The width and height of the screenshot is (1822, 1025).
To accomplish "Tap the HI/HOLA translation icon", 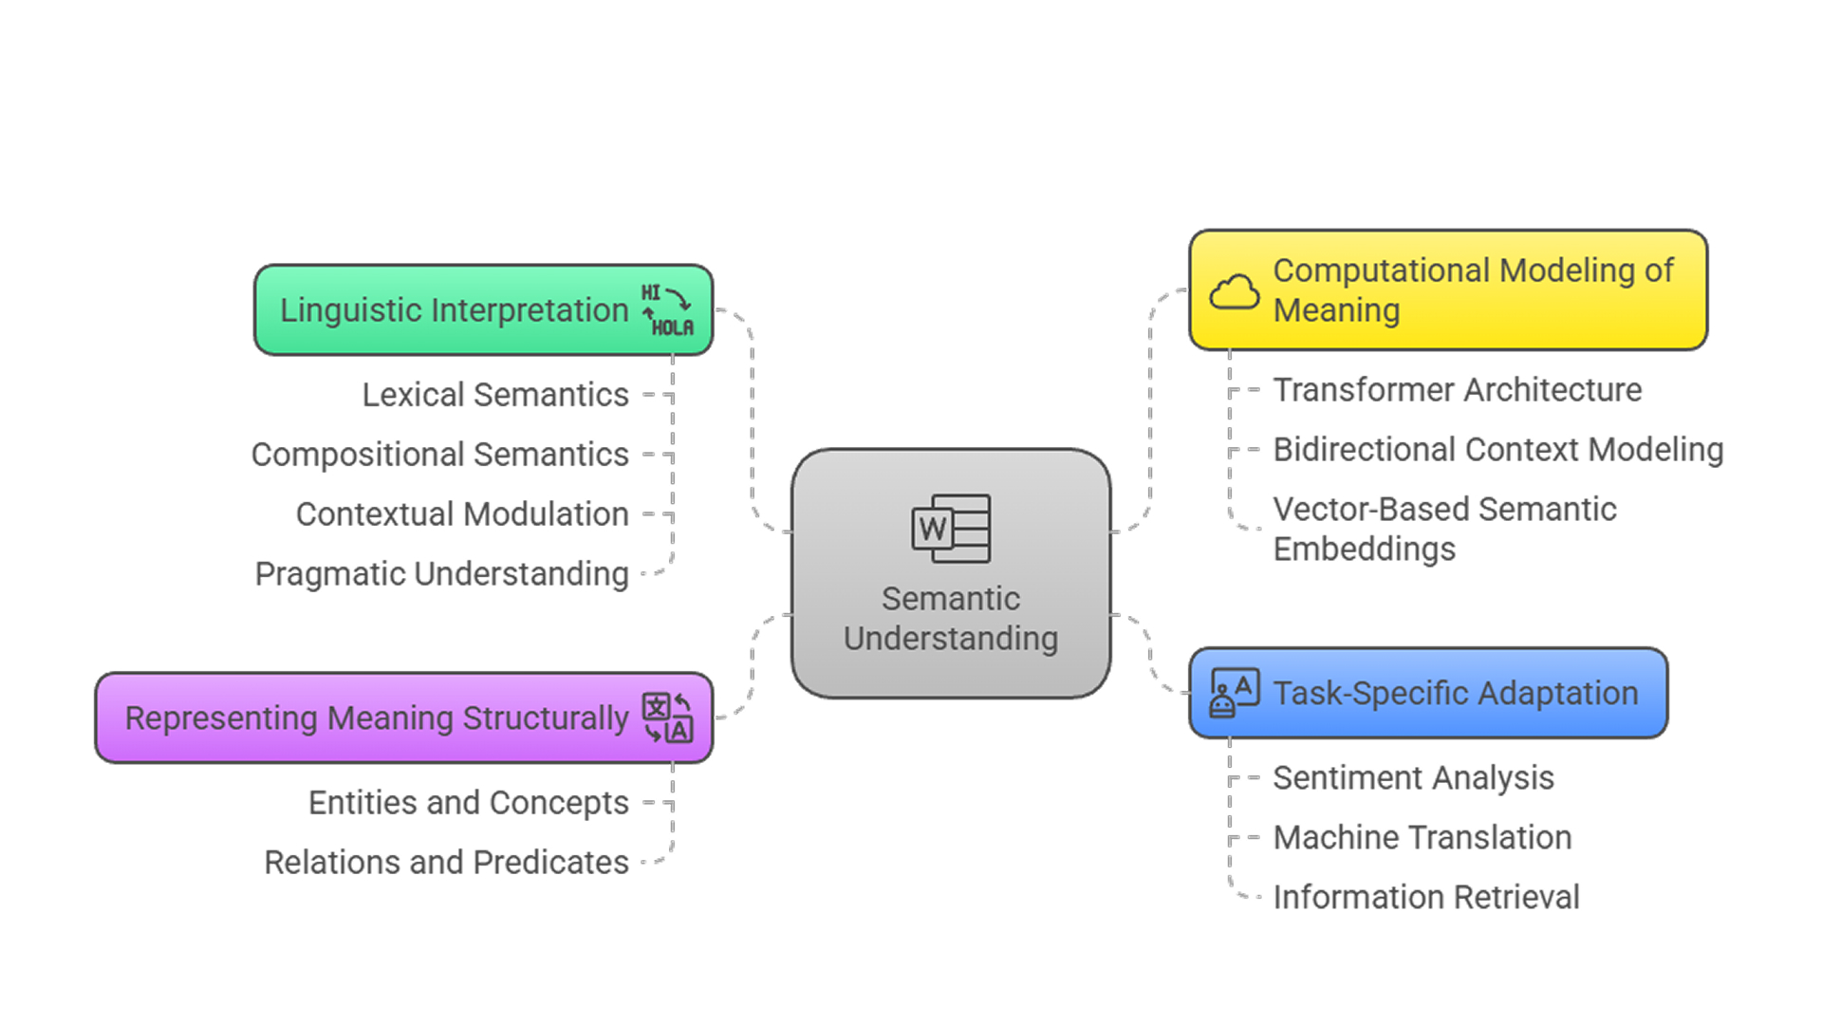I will [669, 310].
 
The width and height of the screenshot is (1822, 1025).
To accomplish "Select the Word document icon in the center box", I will [951, 529].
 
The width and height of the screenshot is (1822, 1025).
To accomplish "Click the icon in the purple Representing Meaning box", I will [668, 717].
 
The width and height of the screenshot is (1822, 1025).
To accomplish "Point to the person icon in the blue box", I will [1234, 693].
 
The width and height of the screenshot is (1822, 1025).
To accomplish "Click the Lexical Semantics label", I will [495, 395].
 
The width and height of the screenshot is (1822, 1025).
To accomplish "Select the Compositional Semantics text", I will [439, 455].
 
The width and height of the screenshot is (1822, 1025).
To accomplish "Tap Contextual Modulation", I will [462, 514].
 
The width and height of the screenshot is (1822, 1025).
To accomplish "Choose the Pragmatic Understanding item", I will [441, 574].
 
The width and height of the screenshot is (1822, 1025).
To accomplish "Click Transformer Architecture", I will [1457, 390].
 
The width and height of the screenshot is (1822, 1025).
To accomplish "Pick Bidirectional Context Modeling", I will [1497, 450].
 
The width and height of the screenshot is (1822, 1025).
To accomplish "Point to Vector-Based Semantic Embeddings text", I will [1443, 529].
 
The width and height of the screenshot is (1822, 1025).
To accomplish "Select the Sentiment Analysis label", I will [1413, 778].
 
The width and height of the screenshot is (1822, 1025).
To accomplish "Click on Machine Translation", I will [1422, 838].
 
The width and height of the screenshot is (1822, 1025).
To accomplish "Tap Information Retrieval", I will [1425, 898].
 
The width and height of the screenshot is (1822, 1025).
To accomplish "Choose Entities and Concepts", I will [468, 803].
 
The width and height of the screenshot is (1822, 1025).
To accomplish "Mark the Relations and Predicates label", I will [446, 863].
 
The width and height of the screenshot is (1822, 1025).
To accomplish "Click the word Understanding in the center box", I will [951, 639].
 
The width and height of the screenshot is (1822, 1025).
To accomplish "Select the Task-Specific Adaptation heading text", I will [1455, 694].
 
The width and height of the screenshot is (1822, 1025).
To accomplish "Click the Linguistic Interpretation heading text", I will [454, 310].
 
